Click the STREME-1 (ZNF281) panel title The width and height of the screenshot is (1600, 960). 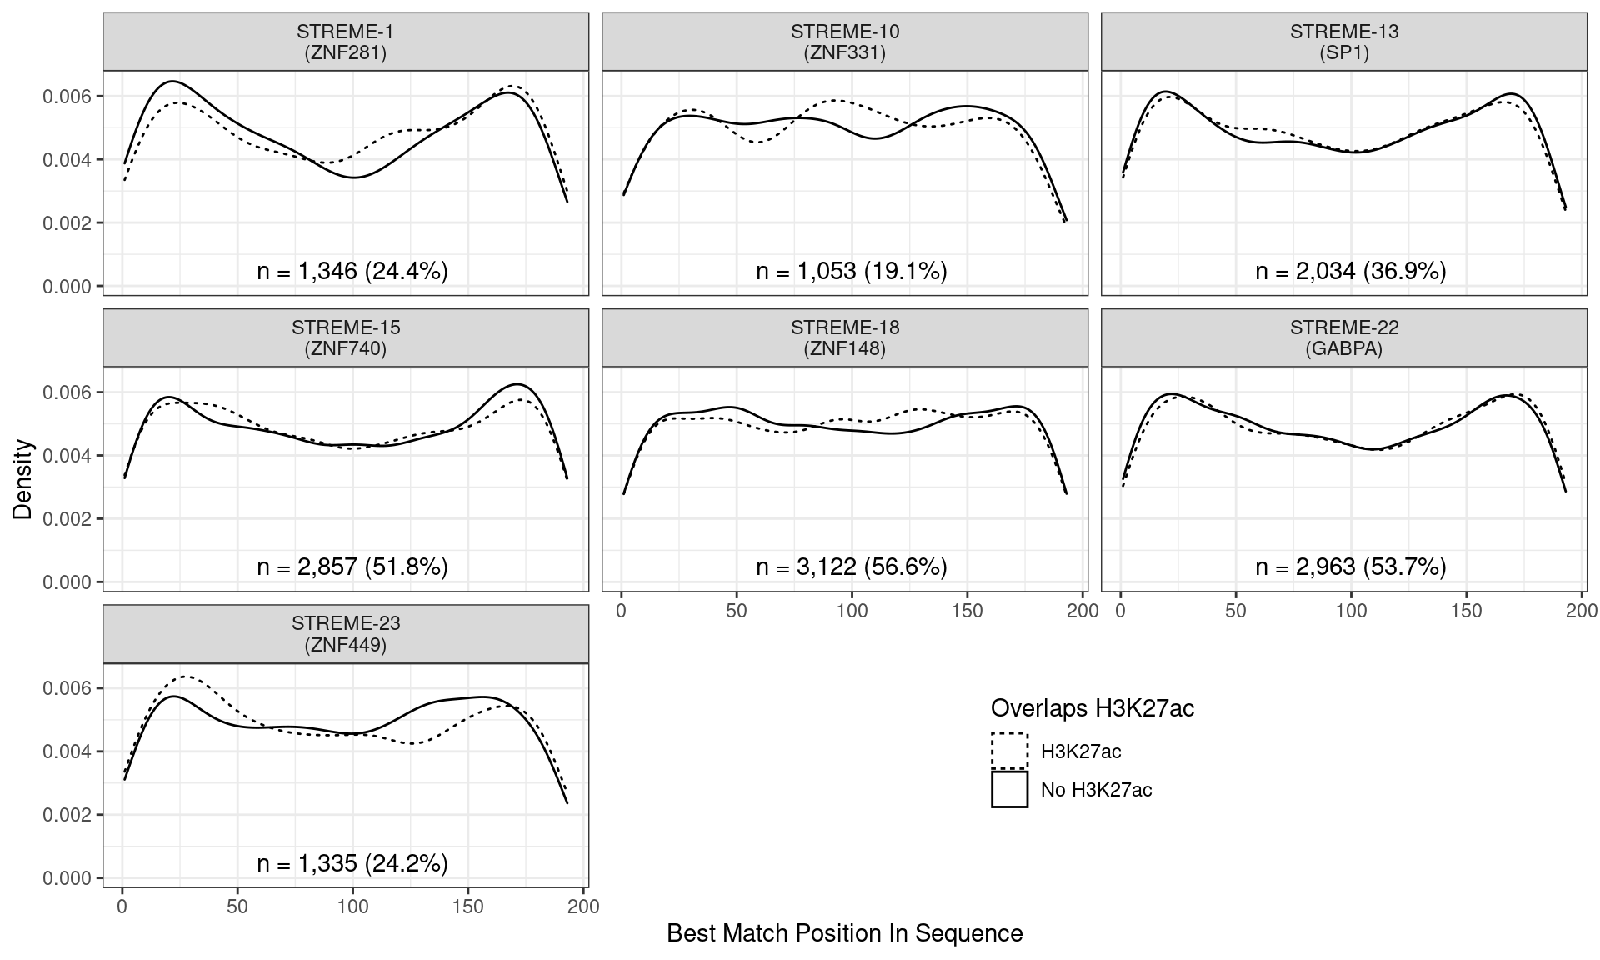coord(345,42)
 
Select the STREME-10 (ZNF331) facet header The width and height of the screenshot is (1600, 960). coord(844,42)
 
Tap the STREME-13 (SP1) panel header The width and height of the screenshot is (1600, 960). coord(1343,42)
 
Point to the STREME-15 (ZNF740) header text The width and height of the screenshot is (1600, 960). coord(345,338)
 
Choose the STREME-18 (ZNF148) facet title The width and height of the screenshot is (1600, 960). coord(844,338)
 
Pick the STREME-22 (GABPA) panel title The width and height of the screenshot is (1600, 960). coord(1343,338)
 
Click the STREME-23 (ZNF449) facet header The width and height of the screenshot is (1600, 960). coord(345,634)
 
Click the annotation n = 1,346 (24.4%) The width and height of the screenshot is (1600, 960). coord(352,271)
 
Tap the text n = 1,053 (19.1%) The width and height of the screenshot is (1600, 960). coord(852,271)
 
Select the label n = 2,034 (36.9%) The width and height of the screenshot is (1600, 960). coord(1351,271)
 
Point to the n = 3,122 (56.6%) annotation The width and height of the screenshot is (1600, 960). coord(852,567)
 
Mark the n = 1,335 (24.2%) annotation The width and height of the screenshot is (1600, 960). coord(352,863)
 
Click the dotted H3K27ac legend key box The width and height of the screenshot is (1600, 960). coord(1009,751)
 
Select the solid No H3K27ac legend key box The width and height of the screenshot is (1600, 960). coord(1009,789)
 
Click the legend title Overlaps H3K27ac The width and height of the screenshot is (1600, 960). coord(1092,708)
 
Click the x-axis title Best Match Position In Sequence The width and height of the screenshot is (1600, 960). coord(844,933)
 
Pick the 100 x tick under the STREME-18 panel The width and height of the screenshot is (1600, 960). coord(852,611)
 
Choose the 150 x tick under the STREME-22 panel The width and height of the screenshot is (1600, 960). coord(1466,611)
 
